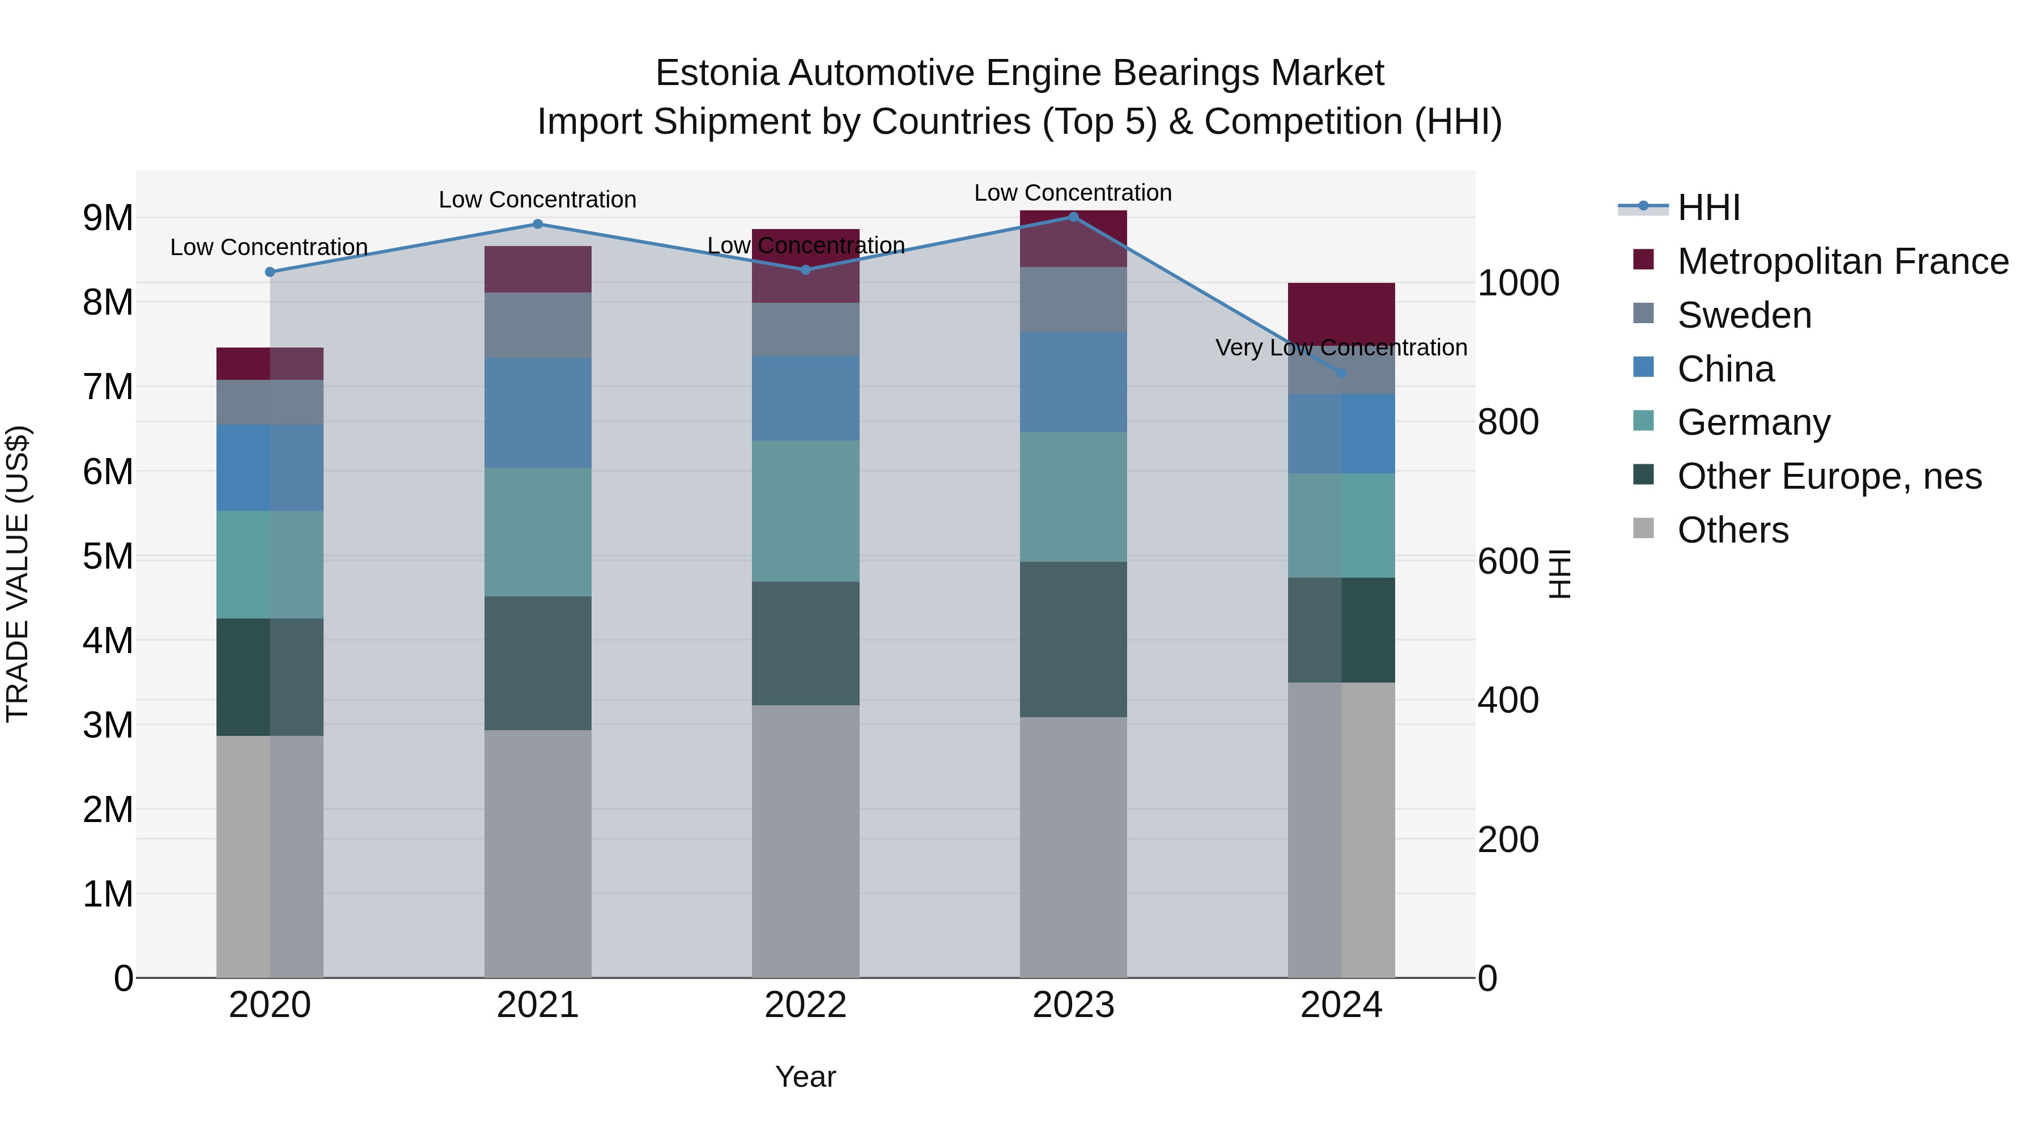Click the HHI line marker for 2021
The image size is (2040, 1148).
coord(538,224)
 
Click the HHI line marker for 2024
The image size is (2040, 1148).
coord(1341,373)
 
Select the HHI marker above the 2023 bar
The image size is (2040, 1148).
coord(1074,217)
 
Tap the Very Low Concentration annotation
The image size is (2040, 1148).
coord(1341,348)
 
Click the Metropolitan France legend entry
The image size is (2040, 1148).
coord(1842,261)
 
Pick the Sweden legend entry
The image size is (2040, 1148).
coord(1744,315)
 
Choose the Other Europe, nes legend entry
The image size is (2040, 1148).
coord(1829,476)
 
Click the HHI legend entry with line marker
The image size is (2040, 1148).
coord(1708,207)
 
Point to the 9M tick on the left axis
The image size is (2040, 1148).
coord(108,218)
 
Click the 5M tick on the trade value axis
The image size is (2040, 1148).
coord(108,556)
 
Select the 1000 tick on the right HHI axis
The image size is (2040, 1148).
coord(1518,283)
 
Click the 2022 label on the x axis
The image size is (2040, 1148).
coord(805,1005)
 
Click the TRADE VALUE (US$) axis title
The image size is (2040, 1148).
coord(18,574)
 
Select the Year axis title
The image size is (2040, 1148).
coord(805,1077)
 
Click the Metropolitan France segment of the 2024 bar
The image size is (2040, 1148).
coord(1341,313)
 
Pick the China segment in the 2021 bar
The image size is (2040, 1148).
coord(538,412)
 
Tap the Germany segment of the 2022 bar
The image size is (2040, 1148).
coord(805,511)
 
